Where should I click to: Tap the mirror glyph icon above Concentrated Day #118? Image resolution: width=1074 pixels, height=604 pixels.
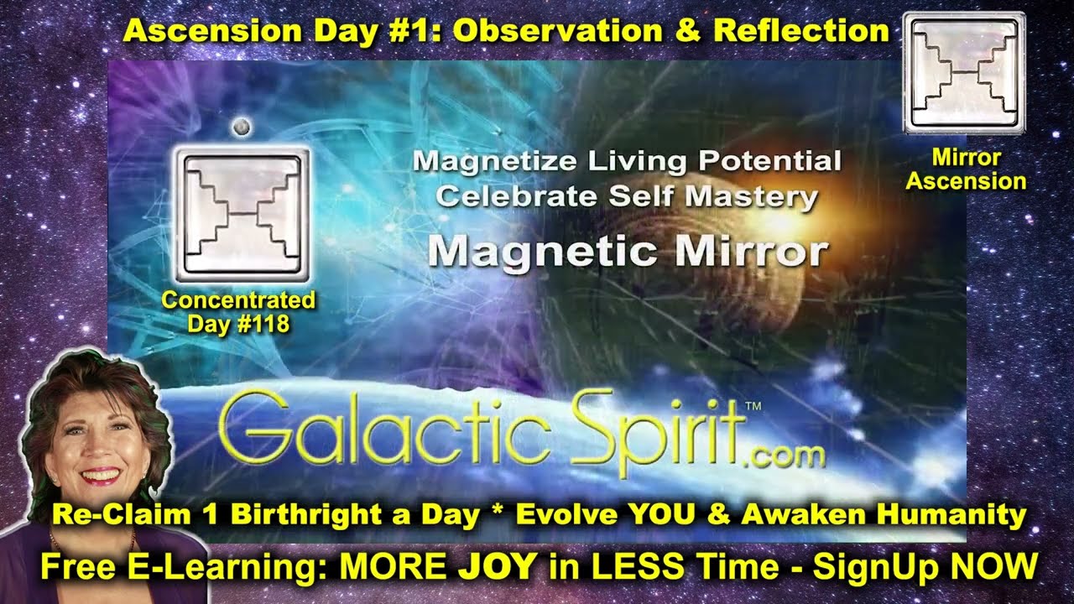click(x=242, y=213)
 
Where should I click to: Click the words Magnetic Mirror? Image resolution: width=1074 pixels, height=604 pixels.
click(x=628, y=250)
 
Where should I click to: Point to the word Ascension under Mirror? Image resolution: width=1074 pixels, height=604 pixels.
click(x=967, y=180)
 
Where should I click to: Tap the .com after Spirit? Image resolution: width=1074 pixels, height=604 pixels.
click(x=784, y=456)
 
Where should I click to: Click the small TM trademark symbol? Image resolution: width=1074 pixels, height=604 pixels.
click(x=753, y=405)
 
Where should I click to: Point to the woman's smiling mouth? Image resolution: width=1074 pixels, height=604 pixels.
click(x=101, y=476)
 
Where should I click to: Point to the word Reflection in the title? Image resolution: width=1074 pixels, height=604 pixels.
click(x=801, y=31)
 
